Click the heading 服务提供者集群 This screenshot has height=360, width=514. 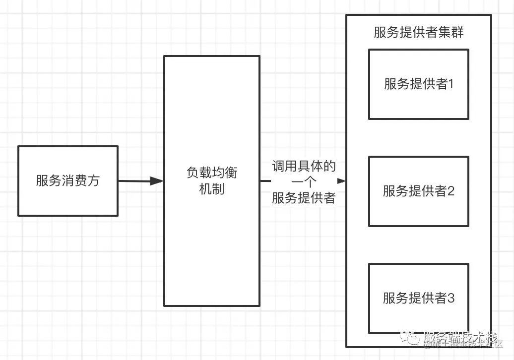419,33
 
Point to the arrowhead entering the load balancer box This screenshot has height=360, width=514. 157,181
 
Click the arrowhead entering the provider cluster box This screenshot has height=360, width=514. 342,181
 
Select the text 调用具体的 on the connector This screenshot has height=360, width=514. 304,166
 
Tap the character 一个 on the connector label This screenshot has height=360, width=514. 304,182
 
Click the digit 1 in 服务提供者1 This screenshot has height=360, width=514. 451,84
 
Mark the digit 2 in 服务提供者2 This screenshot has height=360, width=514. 451,191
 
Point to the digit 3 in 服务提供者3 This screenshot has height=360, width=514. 451,298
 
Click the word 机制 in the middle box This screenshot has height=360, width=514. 212,189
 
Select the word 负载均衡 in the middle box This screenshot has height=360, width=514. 212,173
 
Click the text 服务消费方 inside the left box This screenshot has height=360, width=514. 67,180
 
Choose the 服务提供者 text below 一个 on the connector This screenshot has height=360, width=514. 304,198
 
